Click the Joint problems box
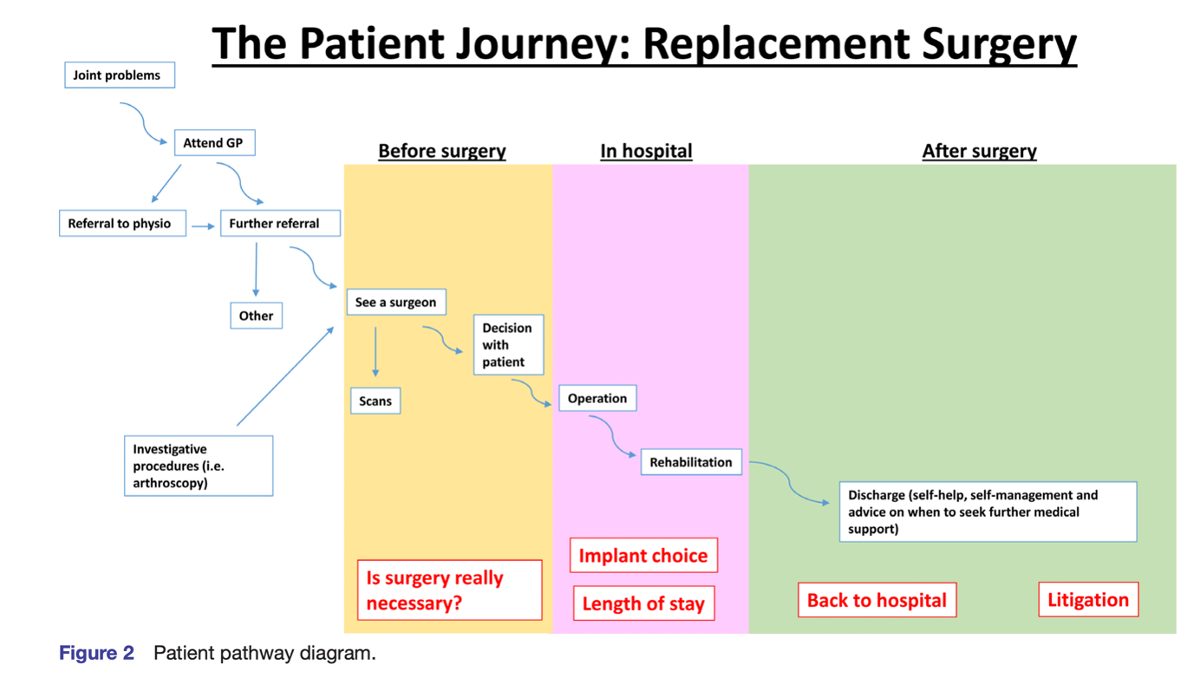tap(119, 75)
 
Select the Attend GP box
tap(214, 143)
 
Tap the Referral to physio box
tap(121, 224)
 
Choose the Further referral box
tap(279, 224)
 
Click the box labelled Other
tap(256, 316)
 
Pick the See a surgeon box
tap(396, 303)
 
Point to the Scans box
tap(375, 401)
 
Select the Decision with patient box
tap(508, 345)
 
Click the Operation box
tap(597, 399)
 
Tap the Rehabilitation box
tap(691, 463)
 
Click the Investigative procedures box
tap(199, 466)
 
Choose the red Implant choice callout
tap(643, 556)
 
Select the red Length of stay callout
tap(643, 603)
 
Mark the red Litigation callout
tap(1088, 600)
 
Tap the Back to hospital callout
tap(877, 600)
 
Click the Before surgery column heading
tap(442, 151)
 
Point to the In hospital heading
tap(646, 151)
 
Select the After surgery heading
tap(979, 151)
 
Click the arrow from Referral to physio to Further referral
tap(203, 226)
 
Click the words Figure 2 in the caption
tap(96, 653)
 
